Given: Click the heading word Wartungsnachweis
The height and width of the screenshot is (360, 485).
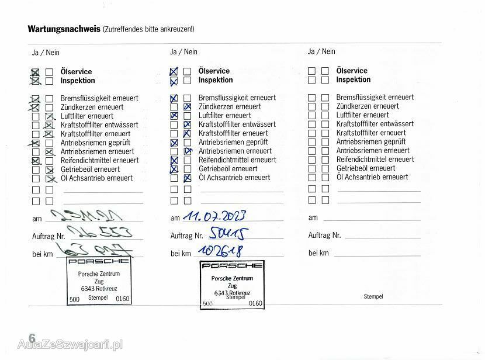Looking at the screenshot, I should (x=64, y=29).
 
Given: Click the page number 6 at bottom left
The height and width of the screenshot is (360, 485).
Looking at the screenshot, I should (x=32, y=338).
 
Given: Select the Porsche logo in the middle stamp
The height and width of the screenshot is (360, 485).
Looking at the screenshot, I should (x=231, y=266).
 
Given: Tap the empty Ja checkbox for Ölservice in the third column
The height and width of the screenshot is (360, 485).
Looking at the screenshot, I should (x=312, y=71).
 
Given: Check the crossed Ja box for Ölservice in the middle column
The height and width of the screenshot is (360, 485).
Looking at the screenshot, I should (x=174, y=71).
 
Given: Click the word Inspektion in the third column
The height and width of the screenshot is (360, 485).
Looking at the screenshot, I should (x=354, y=79).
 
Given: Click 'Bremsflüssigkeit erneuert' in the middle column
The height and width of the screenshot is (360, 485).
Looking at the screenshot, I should (x=237, y=98).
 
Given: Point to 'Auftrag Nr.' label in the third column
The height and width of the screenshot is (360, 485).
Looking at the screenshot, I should (x=324, y=236).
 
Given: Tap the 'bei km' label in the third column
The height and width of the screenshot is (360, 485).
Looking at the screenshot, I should (x=319, y=253).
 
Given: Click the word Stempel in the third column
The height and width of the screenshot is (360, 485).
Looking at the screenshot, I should (x=373, y=296).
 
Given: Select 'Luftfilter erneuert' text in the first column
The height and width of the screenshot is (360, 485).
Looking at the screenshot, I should (x=87, y=116).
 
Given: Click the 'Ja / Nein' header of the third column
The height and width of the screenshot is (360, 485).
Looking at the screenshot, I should (x=321, y=51).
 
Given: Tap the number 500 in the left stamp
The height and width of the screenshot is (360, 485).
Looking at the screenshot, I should (x=74, y=299).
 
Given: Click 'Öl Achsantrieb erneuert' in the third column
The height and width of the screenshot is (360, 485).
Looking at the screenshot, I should (x=373, y=176).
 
